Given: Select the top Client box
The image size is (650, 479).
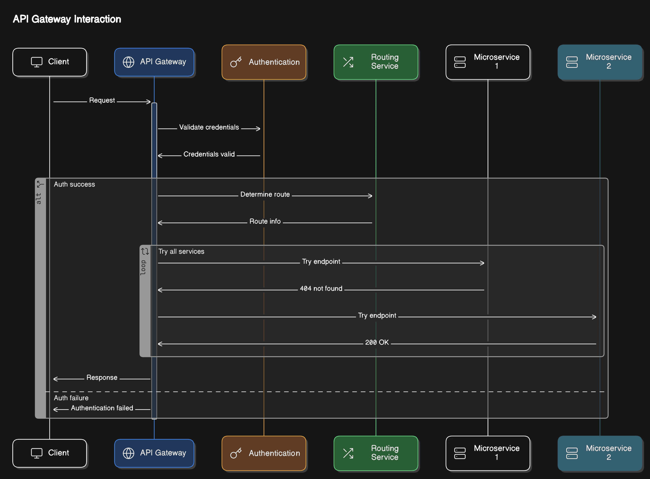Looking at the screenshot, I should tap(50, 62).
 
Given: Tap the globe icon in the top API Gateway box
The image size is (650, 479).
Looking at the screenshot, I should tap(128, 62).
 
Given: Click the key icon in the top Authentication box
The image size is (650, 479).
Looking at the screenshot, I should tap(236, 62).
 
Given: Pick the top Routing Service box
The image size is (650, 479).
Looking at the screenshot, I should tap(376, 62).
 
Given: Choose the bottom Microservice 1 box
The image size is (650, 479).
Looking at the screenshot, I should tap(488, 453).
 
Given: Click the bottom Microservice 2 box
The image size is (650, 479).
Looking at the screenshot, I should tap(600, 453).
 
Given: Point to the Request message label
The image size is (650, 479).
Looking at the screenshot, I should tap(102, 100).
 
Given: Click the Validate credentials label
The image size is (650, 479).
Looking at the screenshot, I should tap(209, 127).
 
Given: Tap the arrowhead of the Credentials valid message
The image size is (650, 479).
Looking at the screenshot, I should tap(160, 156).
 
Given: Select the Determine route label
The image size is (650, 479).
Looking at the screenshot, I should tap(265, 194).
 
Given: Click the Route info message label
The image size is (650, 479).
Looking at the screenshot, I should tap(265, 221).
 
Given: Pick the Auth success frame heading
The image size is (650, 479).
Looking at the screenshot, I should tap(74, 184).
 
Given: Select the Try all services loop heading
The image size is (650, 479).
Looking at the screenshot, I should tap(181, 252).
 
